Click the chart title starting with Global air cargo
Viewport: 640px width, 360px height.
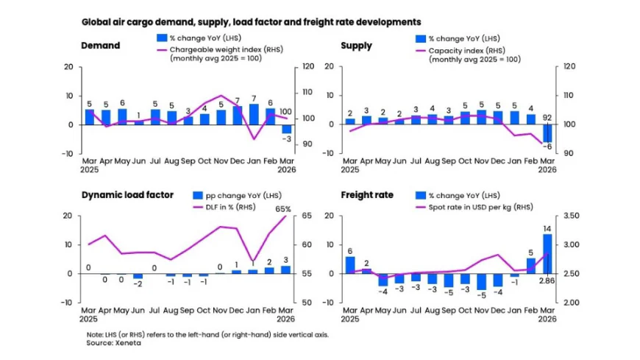point(251,22)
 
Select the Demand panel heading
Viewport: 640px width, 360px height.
point(100,46)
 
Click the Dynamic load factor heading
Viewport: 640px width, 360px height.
point(127,195)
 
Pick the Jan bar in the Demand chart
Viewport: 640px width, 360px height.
point(254,114)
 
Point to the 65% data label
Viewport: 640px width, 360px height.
point(283,209)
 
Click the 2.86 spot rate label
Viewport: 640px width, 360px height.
point(547,281)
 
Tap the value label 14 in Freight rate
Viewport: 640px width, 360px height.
point(547,228)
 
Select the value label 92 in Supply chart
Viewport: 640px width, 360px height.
point(547,116)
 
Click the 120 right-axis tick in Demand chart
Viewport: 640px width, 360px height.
point(307,67)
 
